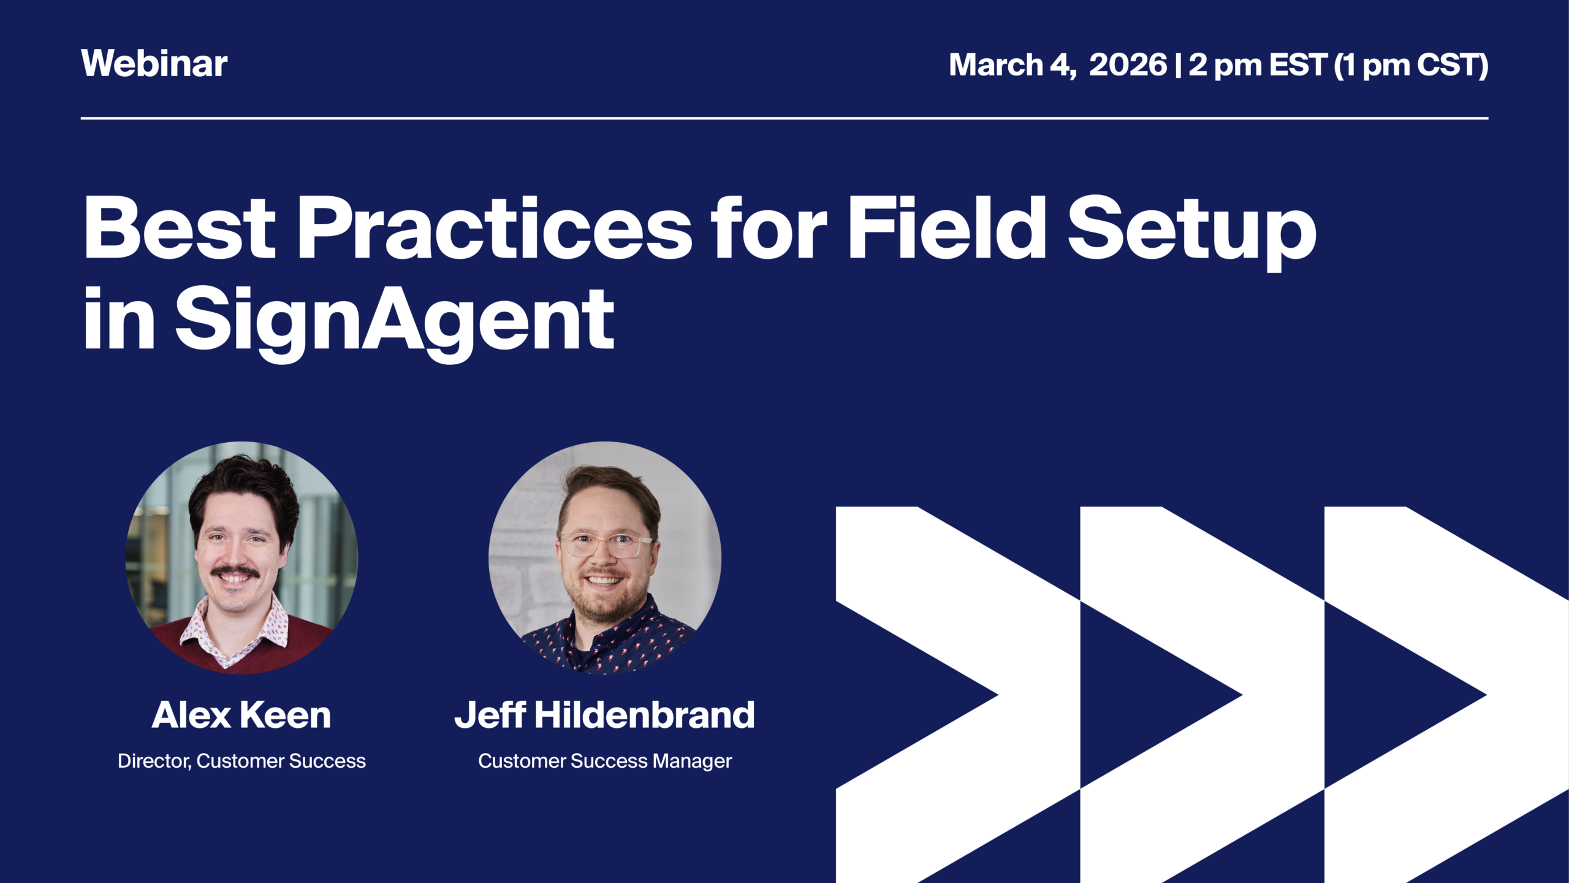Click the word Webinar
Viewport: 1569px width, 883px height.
[x=154, y=63]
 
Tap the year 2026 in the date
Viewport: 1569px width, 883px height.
[x=1128, y=64]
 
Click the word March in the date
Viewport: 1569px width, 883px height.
[x=995, y=64]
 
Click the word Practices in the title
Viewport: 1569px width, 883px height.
[x=494, y=228]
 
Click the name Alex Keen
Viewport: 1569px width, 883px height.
[x=241, y=715]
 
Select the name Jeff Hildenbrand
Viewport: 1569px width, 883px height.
[x=604, y=715]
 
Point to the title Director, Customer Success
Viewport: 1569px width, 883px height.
[x=241, y=761]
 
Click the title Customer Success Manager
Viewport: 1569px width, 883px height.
[x=604, y=761]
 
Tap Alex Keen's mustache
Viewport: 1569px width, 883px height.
[x=235, y=571]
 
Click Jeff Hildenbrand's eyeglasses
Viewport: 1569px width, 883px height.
[x=606, y=545]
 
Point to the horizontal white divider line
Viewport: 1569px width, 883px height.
[x=784, y=118]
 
